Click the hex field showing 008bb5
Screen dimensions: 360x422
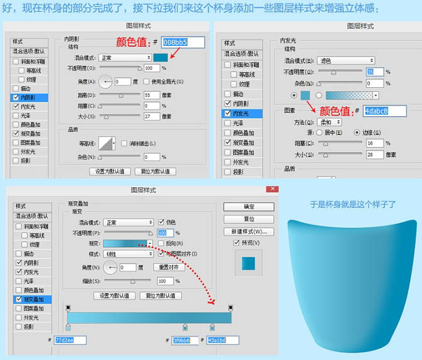click(183, 42)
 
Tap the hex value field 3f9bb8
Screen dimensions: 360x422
click(185, 340)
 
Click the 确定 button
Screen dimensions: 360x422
click(249, 207)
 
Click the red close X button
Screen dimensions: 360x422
click(272, 189)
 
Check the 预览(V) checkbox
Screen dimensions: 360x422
click(236, 243)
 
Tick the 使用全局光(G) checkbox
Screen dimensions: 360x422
click(147, 82)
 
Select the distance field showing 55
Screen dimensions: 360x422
click(152, 95)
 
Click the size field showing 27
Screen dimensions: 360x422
click(152, 116)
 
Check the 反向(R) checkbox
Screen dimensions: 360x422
click(162, 243)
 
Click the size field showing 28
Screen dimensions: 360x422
click(374, 154)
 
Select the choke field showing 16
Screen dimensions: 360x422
click(374, 143)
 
